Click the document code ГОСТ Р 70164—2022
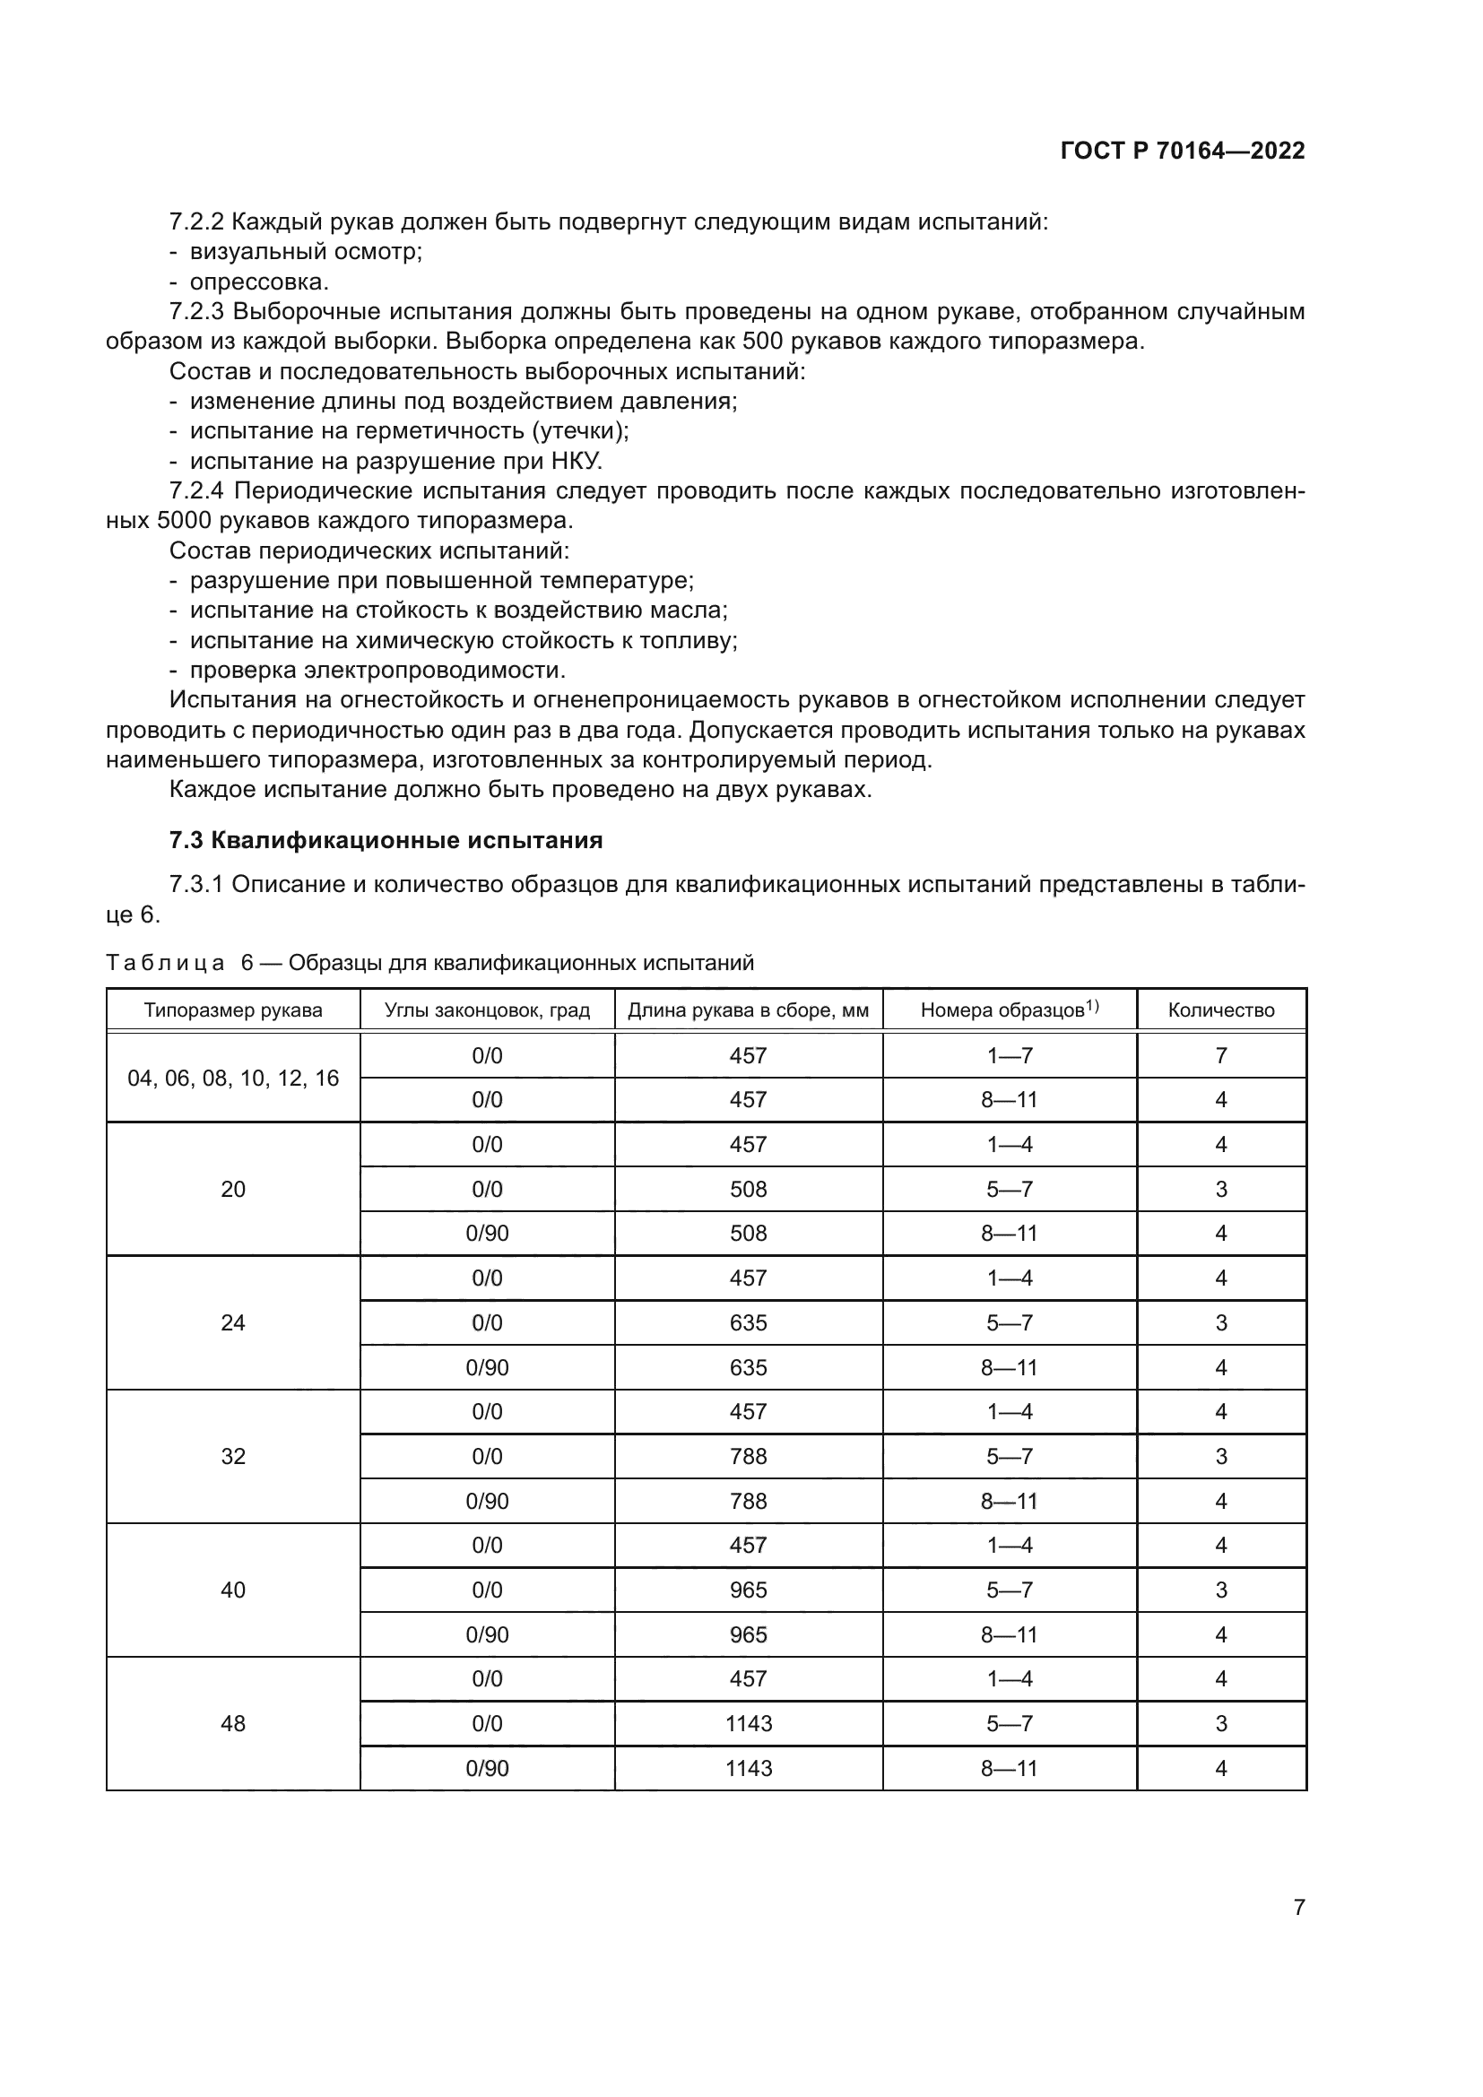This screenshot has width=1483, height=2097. point(1183,151)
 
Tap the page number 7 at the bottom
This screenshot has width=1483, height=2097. point(1298,1907)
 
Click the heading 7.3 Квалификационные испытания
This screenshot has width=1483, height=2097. point(386,840)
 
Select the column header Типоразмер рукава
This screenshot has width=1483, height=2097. point(233,1010)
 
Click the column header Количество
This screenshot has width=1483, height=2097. point(1221,1010)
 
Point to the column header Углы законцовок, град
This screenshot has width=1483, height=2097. point(487,1010)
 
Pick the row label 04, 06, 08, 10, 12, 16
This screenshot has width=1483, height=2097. point(233,1078)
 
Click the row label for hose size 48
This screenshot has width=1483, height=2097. point(233,1723)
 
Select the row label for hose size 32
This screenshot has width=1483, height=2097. point(233,1456)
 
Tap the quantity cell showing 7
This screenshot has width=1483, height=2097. point(1221,1056)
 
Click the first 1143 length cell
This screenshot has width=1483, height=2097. point(748,1723)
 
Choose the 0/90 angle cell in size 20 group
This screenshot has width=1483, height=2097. point(487,1233)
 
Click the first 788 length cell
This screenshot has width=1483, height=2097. point(748,1456)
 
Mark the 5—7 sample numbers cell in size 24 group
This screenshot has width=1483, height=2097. point(1009,1322)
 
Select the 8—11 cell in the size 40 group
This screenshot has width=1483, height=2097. point(1009,1635)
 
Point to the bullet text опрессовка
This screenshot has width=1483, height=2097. point(258,282)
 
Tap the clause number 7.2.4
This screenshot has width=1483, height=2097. point(196,491)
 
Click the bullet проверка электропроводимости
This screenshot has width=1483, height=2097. point(377,671)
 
